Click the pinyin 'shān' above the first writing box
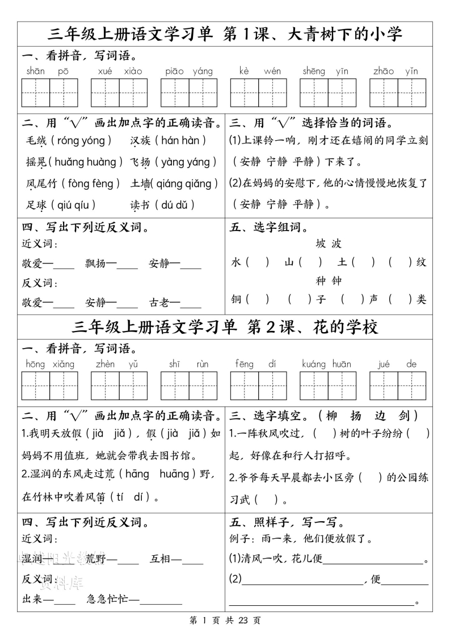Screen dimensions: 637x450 coord(35,71)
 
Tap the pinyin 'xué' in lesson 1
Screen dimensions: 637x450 coord(105,71)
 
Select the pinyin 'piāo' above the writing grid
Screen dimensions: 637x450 coord(175,71)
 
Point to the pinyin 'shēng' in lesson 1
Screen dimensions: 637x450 coord(314,71)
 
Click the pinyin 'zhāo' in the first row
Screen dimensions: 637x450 coord(384,71)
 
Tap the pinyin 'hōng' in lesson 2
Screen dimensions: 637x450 coord(35,364)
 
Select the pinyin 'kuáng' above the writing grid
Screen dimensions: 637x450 coord(314,364)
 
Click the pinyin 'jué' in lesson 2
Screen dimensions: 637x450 coord(384,364)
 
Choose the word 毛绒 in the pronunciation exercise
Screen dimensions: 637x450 coord(37,140)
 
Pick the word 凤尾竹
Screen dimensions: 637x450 coord(42,183)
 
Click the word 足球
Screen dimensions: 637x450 coord(37,205)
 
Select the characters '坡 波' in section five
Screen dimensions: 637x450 coord(329,244)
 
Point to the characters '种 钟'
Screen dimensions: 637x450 coord(329,280)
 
